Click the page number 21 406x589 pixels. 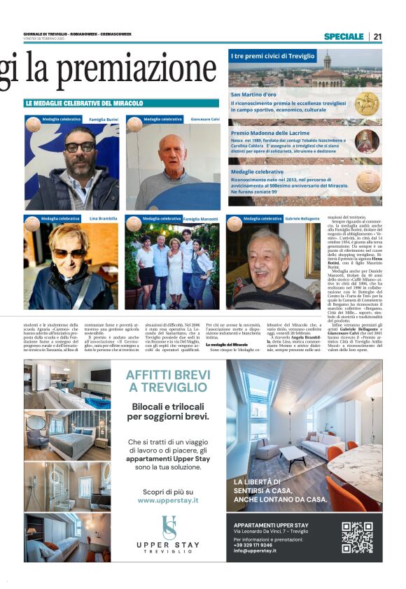point(377,36)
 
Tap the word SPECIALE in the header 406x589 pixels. point(343,36)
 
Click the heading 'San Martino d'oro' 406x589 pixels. point(255,94)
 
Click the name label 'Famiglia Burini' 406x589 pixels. point(103,120)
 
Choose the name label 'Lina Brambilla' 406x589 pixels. point(103,219)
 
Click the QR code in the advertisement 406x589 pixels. point(357,537)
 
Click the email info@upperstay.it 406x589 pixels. point(255,551)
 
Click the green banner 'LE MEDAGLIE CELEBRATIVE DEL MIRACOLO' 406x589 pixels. point(83,104)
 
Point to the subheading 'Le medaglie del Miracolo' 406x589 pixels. point(226,345)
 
